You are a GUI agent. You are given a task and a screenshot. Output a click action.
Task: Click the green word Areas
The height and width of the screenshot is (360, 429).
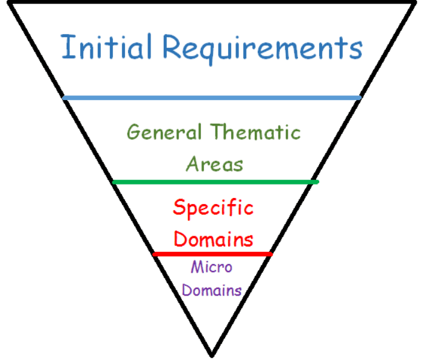point(214,163)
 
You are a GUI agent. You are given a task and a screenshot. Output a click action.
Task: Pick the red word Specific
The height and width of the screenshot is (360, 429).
point(213,208)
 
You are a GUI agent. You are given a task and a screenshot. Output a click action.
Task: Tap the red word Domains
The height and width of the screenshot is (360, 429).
point(213,238)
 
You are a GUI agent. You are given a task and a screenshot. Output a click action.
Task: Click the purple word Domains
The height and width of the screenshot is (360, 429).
point(212,290)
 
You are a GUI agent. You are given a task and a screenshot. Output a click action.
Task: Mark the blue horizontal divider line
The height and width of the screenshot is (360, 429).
point(212,97)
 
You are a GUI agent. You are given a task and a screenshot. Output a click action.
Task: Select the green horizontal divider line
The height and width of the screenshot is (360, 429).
point(215,182)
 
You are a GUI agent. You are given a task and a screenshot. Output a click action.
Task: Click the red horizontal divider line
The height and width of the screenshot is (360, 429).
point(212,254)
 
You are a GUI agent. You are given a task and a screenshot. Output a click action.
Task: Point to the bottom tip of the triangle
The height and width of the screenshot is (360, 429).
point(212,355)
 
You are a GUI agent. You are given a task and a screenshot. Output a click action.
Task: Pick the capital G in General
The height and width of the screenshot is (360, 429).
point(135,132)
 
